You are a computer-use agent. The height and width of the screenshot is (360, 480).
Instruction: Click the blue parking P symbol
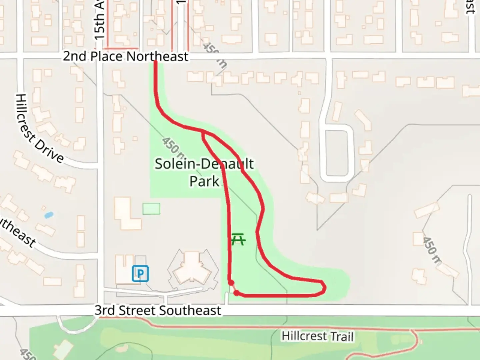pos(140,274)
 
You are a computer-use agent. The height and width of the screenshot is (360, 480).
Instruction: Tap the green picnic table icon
pos(238,239)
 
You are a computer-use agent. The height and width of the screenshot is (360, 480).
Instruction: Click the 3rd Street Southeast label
pos(158,311)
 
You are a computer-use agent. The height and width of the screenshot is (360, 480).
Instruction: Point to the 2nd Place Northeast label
pos(126,56)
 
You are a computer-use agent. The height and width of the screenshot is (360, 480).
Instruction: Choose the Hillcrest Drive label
pos(39,128)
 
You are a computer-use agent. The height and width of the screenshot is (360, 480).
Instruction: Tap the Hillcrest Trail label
pos(317,336)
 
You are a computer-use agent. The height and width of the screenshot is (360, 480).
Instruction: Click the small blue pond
pos(49,215)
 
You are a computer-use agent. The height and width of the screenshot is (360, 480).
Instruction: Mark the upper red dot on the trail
pos(231,283)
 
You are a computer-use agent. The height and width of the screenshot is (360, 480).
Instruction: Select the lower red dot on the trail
pos(236,293)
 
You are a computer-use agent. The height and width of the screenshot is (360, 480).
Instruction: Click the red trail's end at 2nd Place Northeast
pos(155,62)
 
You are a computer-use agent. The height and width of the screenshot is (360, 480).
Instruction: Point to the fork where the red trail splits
pos(203,132)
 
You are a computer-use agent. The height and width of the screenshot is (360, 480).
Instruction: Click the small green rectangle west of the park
pos(151,209)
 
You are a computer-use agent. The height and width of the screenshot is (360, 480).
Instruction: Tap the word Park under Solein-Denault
pos(204,181)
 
